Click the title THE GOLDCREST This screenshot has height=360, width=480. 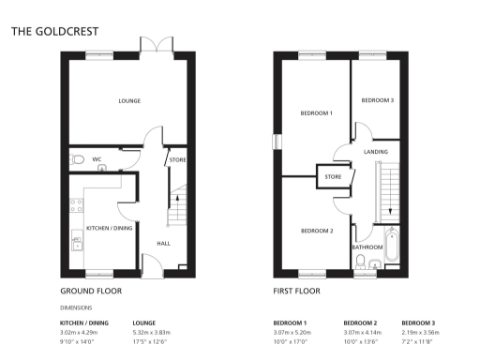54,31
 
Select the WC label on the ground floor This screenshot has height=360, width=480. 97,159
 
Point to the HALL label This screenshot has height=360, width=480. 163,244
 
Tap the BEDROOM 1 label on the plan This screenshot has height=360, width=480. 316,113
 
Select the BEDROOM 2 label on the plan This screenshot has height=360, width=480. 316,231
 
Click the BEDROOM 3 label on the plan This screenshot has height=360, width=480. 378,99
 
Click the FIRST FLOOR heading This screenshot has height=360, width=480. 296,292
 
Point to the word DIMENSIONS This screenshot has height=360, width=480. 77,307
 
